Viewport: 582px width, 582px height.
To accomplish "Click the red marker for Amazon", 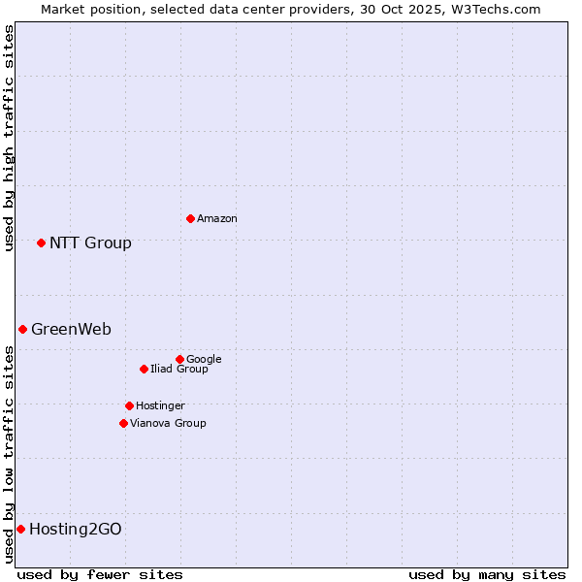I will coord(190,218).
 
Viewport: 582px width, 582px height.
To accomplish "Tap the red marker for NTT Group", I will coord(41,242).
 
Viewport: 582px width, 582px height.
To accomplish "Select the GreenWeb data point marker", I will coord(22,329).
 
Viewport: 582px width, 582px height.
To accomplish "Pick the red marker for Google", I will coord(179,359).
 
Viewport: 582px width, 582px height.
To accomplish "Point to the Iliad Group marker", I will coord(144,369).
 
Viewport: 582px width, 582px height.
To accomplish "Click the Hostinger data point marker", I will coord(129,405).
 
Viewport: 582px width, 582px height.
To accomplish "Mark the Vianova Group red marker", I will coord(123,423).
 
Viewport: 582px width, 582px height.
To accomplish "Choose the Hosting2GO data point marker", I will coord(20,529).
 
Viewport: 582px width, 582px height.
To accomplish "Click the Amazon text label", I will coord(217,219).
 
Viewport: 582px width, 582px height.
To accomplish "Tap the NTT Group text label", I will coord(90,243).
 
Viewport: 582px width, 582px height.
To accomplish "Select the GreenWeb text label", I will coord(71,330).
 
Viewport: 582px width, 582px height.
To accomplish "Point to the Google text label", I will coord(204,360).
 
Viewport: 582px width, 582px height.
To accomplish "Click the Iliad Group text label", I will coord(179,370).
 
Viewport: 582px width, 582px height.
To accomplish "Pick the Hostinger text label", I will coord(160,406).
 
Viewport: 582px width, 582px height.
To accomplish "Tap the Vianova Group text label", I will coord(168,424).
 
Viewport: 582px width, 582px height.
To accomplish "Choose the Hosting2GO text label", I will coord(76,530).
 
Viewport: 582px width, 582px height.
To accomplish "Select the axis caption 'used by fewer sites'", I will coord(100,574).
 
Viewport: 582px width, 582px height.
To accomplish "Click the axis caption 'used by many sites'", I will coord(487,574).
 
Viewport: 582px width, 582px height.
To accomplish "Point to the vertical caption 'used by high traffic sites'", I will coord(9,138).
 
